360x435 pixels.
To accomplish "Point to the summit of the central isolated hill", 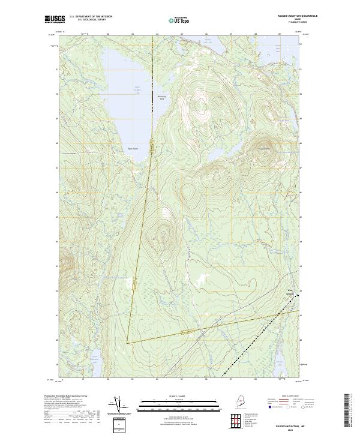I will (160, 235).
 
